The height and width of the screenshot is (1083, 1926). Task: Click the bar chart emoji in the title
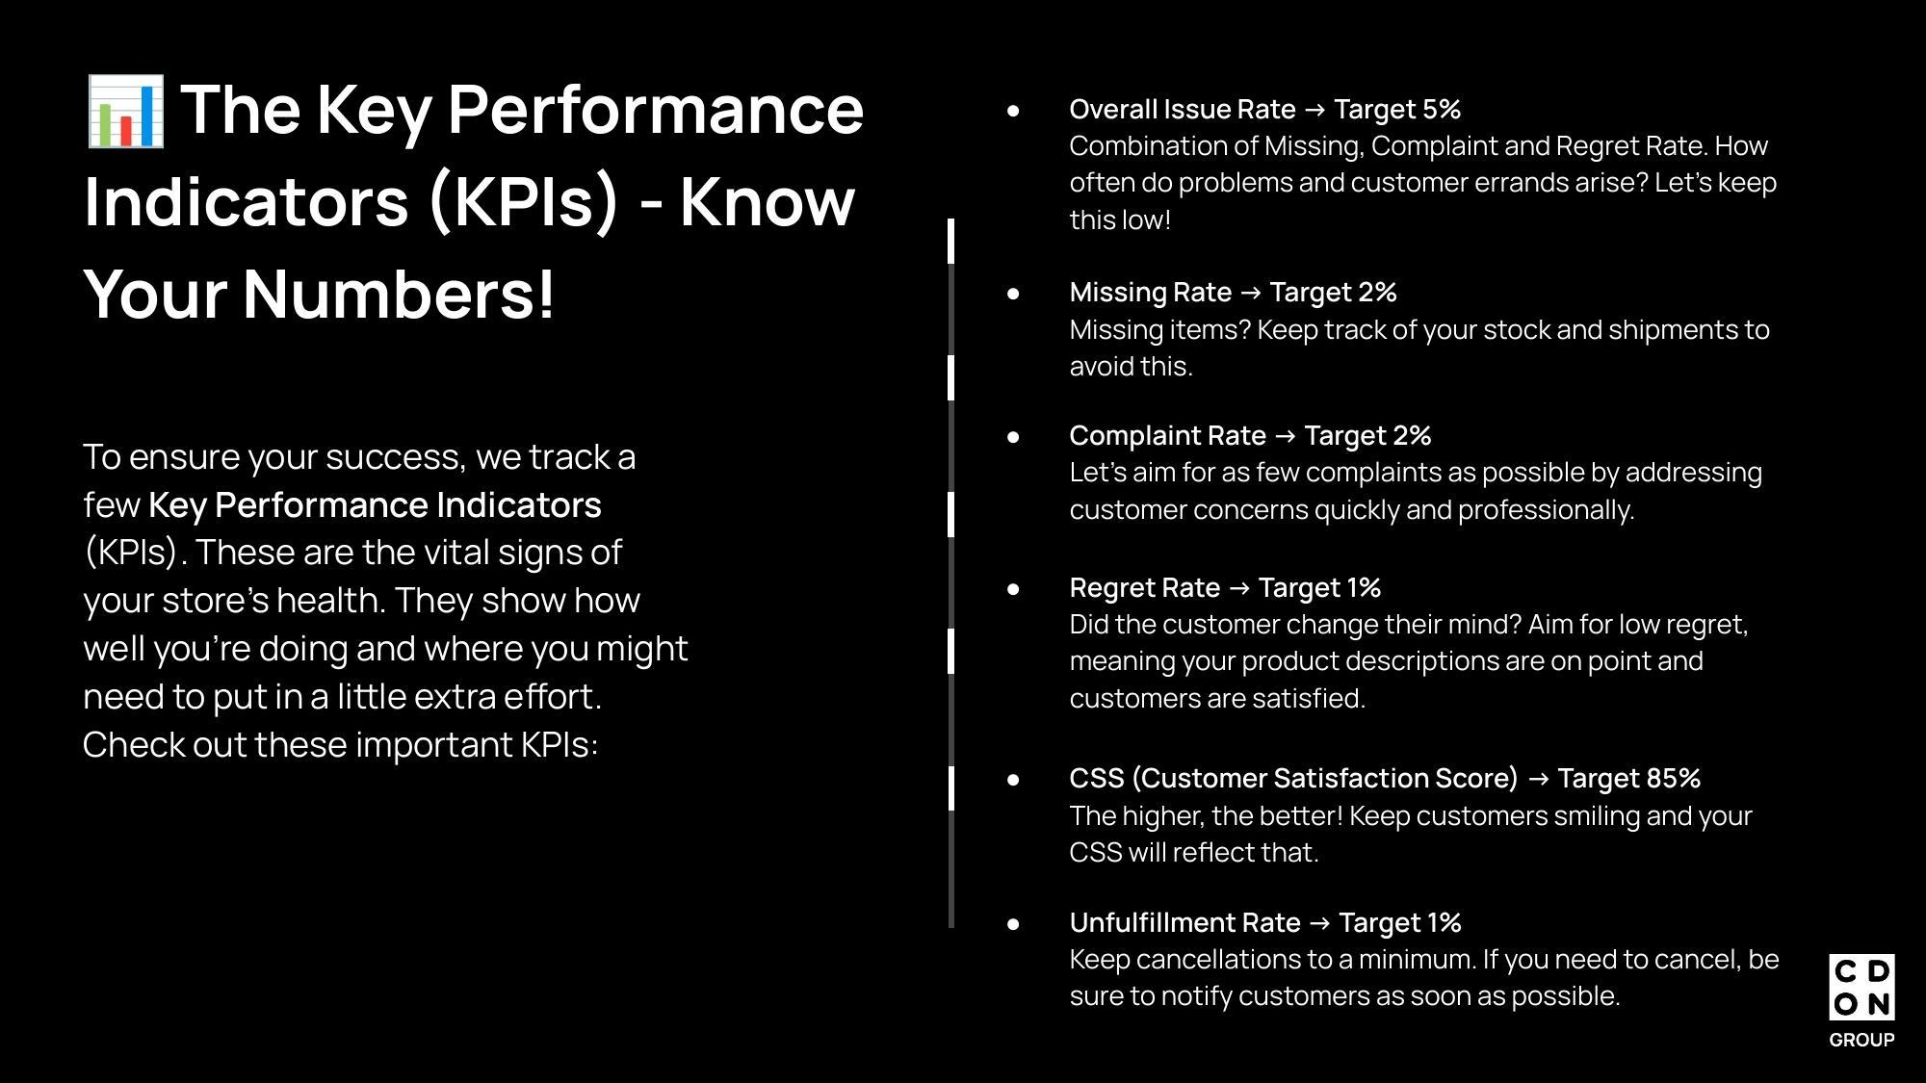(125, 112)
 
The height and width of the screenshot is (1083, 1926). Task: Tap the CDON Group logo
(1861, 1000)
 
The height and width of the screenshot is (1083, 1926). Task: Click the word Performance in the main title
(656, 109)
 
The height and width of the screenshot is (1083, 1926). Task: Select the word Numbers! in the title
(399, 294)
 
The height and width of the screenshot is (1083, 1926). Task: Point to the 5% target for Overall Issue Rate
(1441, 110)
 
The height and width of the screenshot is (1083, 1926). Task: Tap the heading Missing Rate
(1151, 293)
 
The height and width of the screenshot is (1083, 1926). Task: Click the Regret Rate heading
(1145, 588)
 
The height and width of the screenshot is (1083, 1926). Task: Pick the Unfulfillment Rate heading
(1185, 923)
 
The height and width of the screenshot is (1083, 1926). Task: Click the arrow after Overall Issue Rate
(1314, 111)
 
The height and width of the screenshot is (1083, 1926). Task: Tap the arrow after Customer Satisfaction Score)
(1538, 779)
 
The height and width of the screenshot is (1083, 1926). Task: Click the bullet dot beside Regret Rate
(1013, 588)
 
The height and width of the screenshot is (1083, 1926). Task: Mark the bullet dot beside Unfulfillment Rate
(1013, 923)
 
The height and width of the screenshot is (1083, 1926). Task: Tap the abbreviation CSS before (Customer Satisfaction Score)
(1097, 778)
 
